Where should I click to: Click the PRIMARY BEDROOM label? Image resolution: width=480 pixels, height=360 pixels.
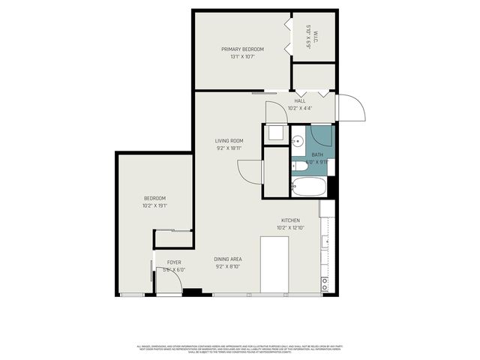click(243, 49)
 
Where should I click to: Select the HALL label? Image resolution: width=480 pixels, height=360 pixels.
click(300, 100)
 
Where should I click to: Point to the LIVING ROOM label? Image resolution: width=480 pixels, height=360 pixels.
click(229, 140)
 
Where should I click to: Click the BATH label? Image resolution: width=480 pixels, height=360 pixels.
click(318, 154)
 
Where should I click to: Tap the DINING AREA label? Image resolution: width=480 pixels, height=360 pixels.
click(229, 259)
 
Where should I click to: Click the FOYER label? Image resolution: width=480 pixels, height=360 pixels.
click(174, 262)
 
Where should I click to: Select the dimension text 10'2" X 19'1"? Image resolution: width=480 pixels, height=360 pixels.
click(154, 205)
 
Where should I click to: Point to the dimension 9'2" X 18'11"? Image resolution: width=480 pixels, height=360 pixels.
click(229, 148)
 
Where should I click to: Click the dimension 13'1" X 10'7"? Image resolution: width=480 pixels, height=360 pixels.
click(243, 56)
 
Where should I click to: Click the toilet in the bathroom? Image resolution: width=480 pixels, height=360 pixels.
click(330, 166)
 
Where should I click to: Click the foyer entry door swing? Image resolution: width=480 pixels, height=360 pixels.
click(172, 282)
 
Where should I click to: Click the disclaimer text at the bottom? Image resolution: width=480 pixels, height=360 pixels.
click(240, 348)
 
